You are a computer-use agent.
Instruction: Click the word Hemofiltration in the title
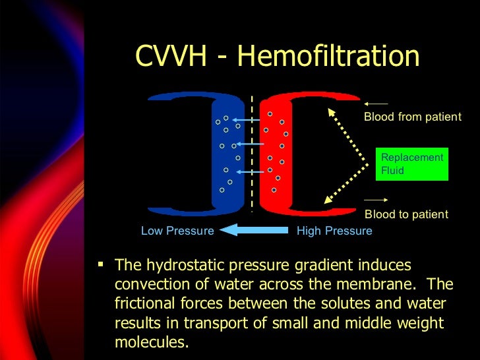pyautogui.click(x=328, y=57)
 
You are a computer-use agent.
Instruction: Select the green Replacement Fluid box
pyautogui.click(x=412, y=164)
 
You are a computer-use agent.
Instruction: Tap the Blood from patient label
pyautogui.click(x=412, y=117)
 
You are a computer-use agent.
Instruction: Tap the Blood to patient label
pyautogui.click(x=406, y=214)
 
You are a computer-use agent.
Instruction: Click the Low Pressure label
pyautogui.click(x=177, y=231)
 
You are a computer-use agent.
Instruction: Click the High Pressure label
pyautogui.click(x=334, y=231)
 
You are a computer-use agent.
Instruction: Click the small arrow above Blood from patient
pyautogui.click(x=376, y=104)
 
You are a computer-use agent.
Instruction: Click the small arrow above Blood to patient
pyautogui.click(x=376, y=199)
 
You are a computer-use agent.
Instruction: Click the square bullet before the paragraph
pyautogui.click(x=101, y=264)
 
